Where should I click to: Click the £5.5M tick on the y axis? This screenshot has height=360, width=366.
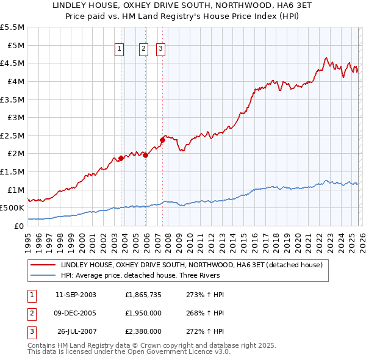(13, 27)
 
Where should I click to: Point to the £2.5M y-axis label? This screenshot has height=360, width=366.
(13, 135)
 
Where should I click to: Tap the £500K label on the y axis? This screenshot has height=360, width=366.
(12, 208)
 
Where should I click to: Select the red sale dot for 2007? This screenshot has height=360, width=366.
(163, 140)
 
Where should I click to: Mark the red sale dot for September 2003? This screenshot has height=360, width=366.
(121, 159)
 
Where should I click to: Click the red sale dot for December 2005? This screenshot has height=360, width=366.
(145, 156)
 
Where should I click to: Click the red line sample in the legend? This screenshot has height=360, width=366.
(43, 265)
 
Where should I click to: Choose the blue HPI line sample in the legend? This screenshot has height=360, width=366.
(43, 275)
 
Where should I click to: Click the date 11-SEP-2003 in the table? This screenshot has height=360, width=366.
(76, 294)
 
